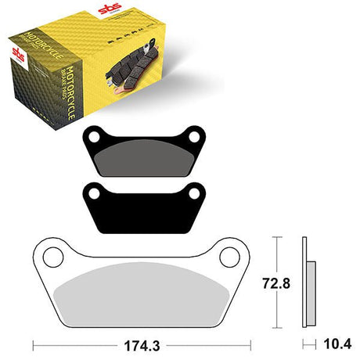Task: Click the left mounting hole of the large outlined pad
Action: [54, 256]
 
